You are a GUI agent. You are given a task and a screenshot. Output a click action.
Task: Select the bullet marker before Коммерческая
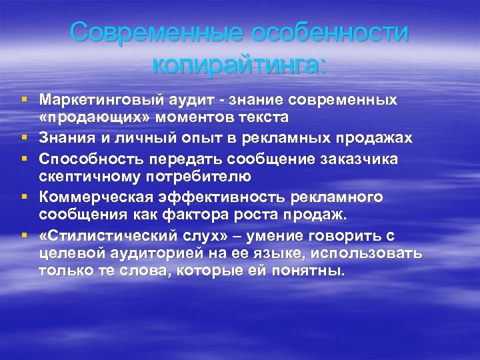click(x=25, y=197)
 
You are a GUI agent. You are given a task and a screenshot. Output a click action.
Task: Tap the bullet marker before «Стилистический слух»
click(x=25, y=235)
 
